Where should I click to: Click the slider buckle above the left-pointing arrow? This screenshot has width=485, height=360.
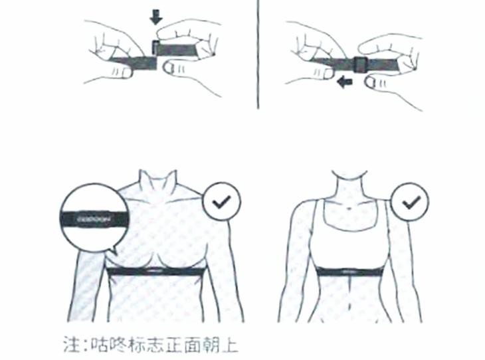coord(359,64)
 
